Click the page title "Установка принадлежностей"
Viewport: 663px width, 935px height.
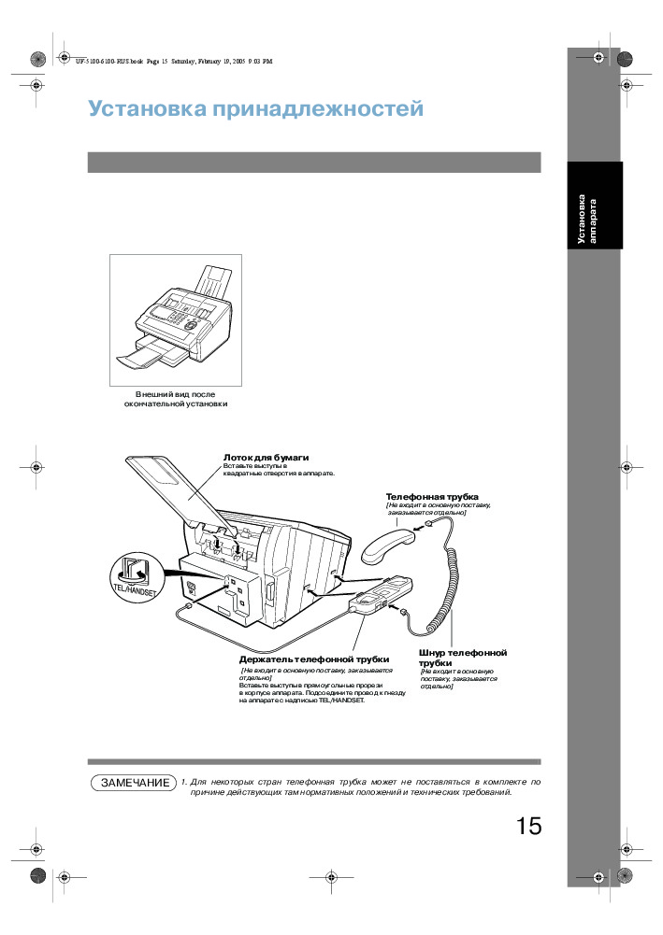(255, 109)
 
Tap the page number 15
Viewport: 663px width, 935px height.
(527, 827)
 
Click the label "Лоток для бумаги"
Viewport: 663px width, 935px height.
(266, 457)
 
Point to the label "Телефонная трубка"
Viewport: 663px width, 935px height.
(432, 496)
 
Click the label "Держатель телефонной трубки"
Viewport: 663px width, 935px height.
(313, 659)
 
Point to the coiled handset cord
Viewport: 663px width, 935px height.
(450, 579)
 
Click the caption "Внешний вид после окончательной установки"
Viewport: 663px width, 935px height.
(176, 399)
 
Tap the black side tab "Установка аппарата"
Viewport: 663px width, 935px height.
(592, 220)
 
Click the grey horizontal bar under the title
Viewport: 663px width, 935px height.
(314, 163)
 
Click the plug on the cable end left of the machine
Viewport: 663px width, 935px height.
(190, 605)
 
